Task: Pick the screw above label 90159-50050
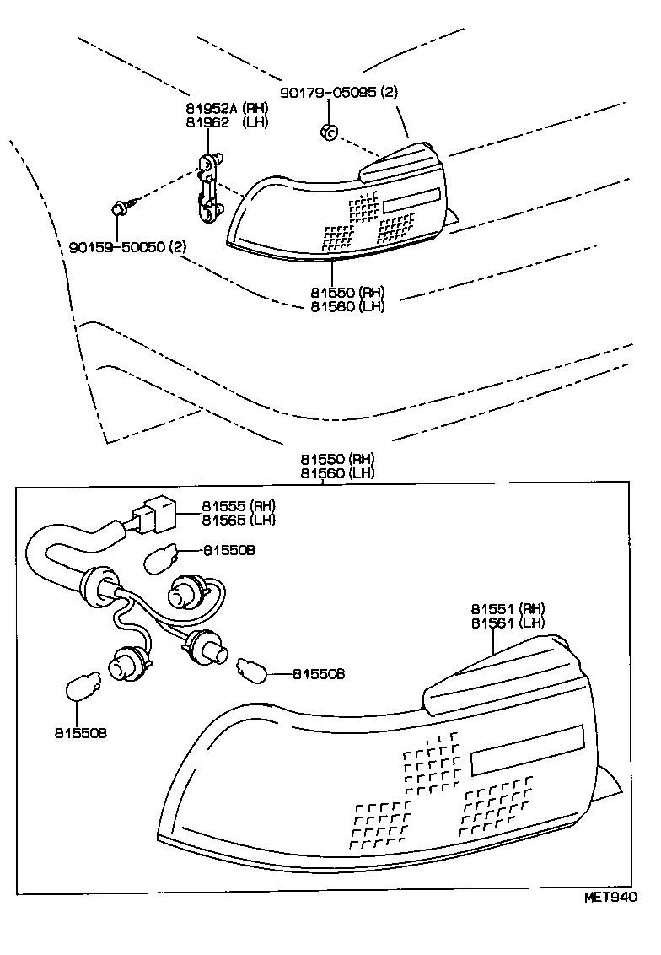tap(119, 206)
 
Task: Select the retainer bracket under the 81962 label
tap(208, 186)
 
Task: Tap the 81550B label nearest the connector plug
tap(228, 549)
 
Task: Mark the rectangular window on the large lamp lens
tap(527, 749)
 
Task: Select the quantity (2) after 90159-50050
tap(178, 247)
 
